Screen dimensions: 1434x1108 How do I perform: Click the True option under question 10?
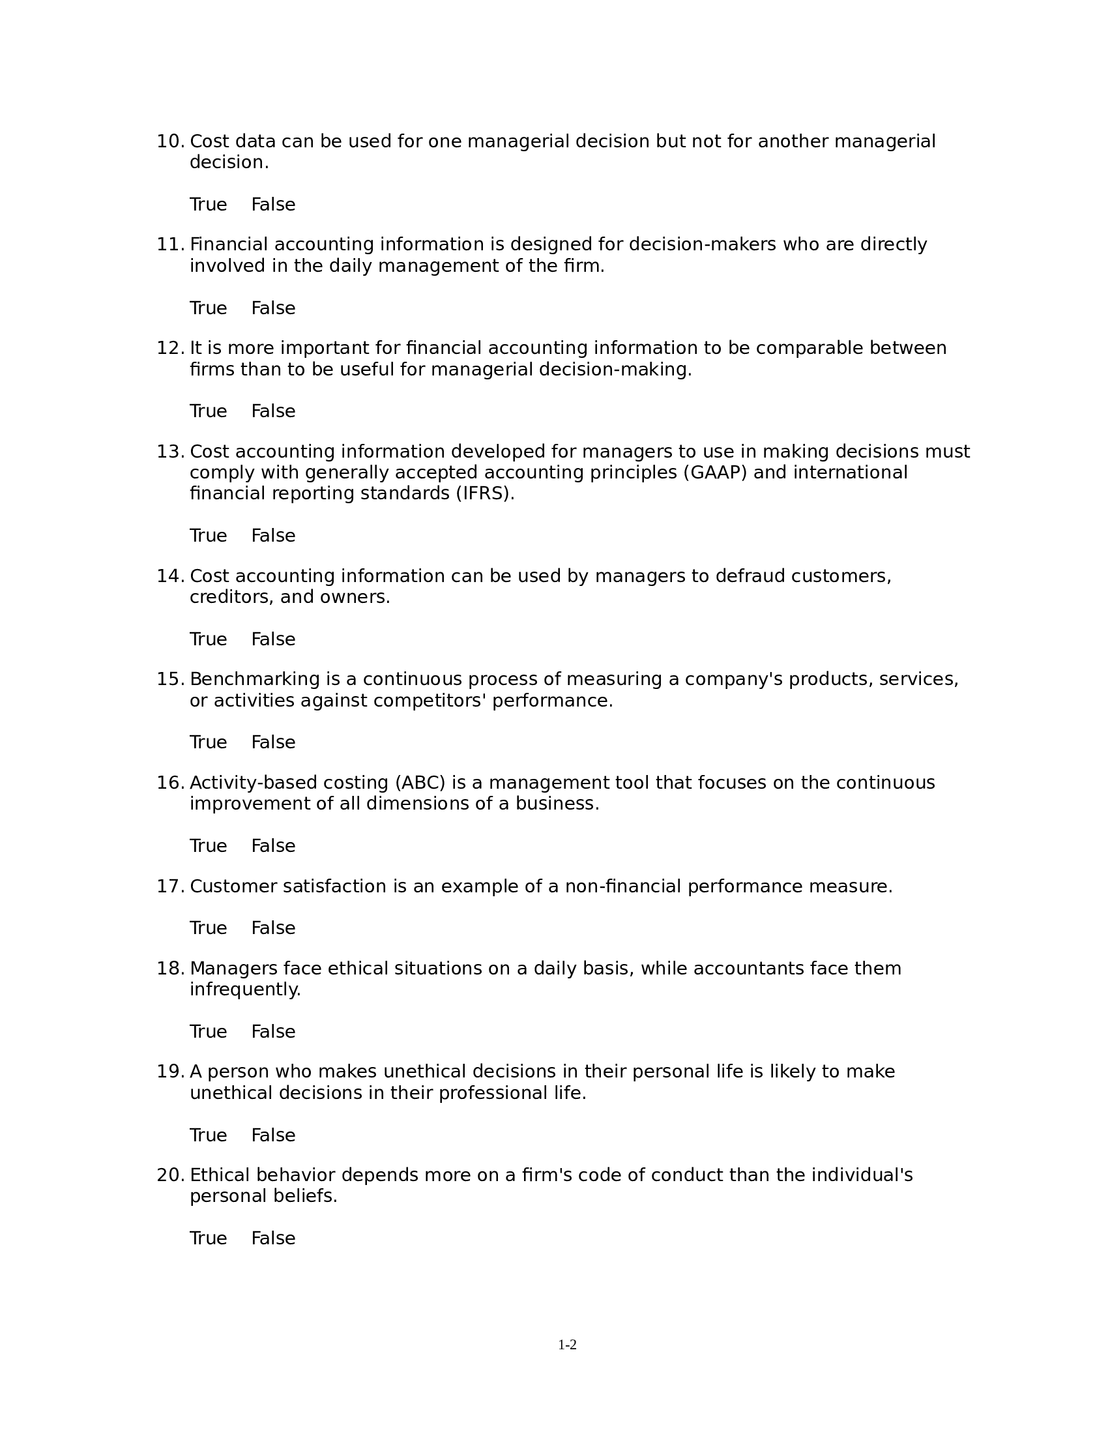click(208, 205)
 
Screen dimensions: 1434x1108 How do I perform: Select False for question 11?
click(273, 308)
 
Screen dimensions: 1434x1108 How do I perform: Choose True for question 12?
click(208, 411)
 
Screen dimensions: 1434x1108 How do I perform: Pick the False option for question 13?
click(273, 536)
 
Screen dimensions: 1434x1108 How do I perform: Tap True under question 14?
click(208, 639)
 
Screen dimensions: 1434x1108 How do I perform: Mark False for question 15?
click(273, 742)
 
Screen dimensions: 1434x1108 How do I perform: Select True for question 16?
click(208, 845)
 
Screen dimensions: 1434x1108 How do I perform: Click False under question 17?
click(273, 928)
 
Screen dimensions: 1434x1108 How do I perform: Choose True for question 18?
click(208, 1032)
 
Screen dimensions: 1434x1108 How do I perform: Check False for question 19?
click(273, 1135)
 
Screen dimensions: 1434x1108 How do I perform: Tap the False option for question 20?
click(273, 1238)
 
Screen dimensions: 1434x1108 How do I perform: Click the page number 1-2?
click(567, 1345)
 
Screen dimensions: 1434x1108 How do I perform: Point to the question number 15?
click(170, 679)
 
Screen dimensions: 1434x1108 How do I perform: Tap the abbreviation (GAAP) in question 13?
click(715, 473)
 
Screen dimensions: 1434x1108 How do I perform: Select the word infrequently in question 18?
click(245, 989)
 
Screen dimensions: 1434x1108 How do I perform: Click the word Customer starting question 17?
click(233, 886)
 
